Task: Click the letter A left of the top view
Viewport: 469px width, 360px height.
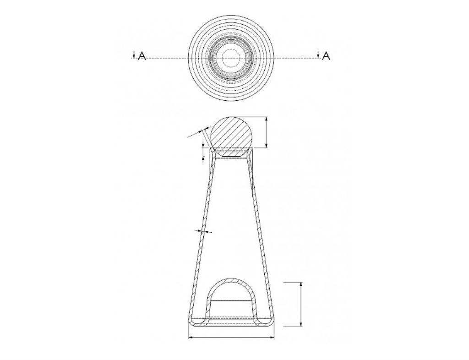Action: (x=142, y=56)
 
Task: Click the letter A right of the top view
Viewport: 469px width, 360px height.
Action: (x=326, y=56)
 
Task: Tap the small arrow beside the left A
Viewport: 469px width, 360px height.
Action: (x=134, y=55)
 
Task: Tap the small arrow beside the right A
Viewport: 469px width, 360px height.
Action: (x=318, y=55)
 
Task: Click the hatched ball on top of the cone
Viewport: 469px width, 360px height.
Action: (x=231, y=137)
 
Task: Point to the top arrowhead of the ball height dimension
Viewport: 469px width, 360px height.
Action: (x=266, y=119)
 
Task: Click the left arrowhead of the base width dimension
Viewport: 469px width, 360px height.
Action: (x=190, y=338)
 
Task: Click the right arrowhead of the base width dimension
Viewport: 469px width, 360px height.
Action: (x=272, y=338)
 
